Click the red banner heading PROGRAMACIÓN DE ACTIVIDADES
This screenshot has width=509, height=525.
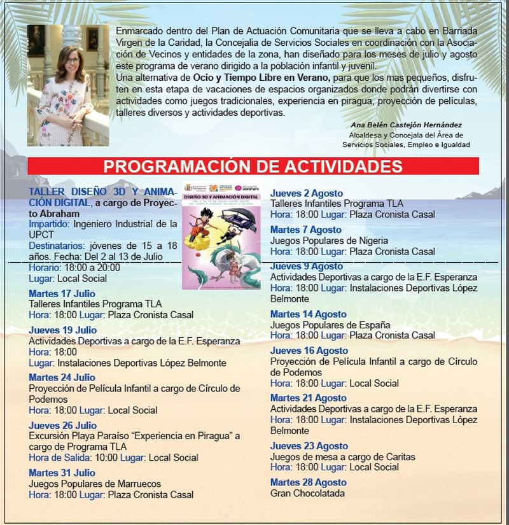(x=253, y=167)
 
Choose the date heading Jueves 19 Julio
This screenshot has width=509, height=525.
(x=62, y=330)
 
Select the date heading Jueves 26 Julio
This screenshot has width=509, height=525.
(x=62, y=425)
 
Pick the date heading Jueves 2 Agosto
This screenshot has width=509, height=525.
(x=306, y=193)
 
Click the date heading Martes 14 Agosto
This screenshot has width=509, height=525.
(x=308, y=314)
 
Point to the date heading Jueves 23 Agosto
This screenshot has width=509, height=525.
(x=309, y=446)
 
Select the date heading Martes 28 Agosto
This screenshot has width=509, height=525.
(x=308, y=482)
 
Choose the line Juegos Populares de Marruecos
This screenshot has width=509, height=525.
(x=95, y=484)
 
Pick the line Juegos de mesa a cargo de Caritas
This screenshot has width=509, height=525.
(x=342, y=456)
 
